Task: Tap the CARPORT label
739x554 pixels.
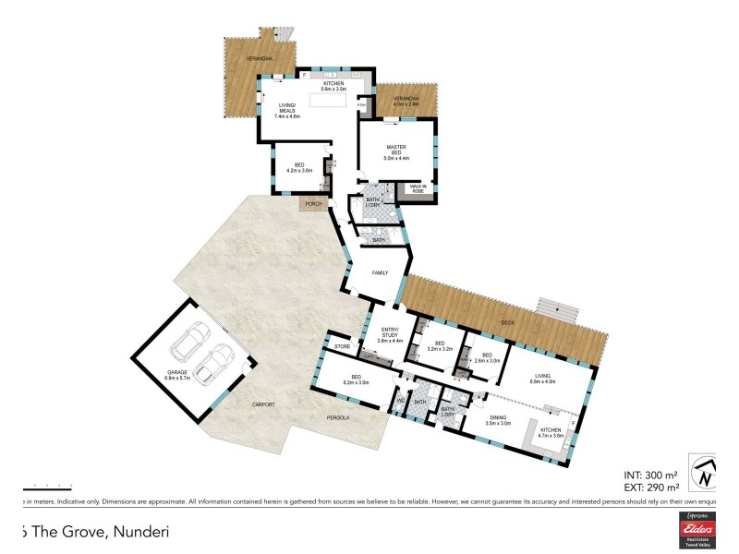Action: coord(260,404)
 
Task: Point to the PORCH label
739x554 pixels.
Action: coord(313,205)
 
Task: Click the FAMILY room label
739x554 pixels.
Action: coord(380,273)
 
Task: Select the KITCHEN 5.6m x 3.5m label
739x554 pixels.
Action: coord(333,87)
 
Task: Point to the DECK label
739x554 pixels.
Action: coord(507,323)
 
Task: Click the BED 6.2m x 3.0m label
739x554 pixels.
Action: coord(356,379)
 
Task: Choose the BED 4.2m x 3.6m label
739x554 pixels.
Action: coord(299,167)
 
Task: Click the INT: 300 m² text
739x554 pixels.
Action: coord(651,472)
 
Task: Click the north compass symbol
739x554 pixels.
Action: coord(707,473)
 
